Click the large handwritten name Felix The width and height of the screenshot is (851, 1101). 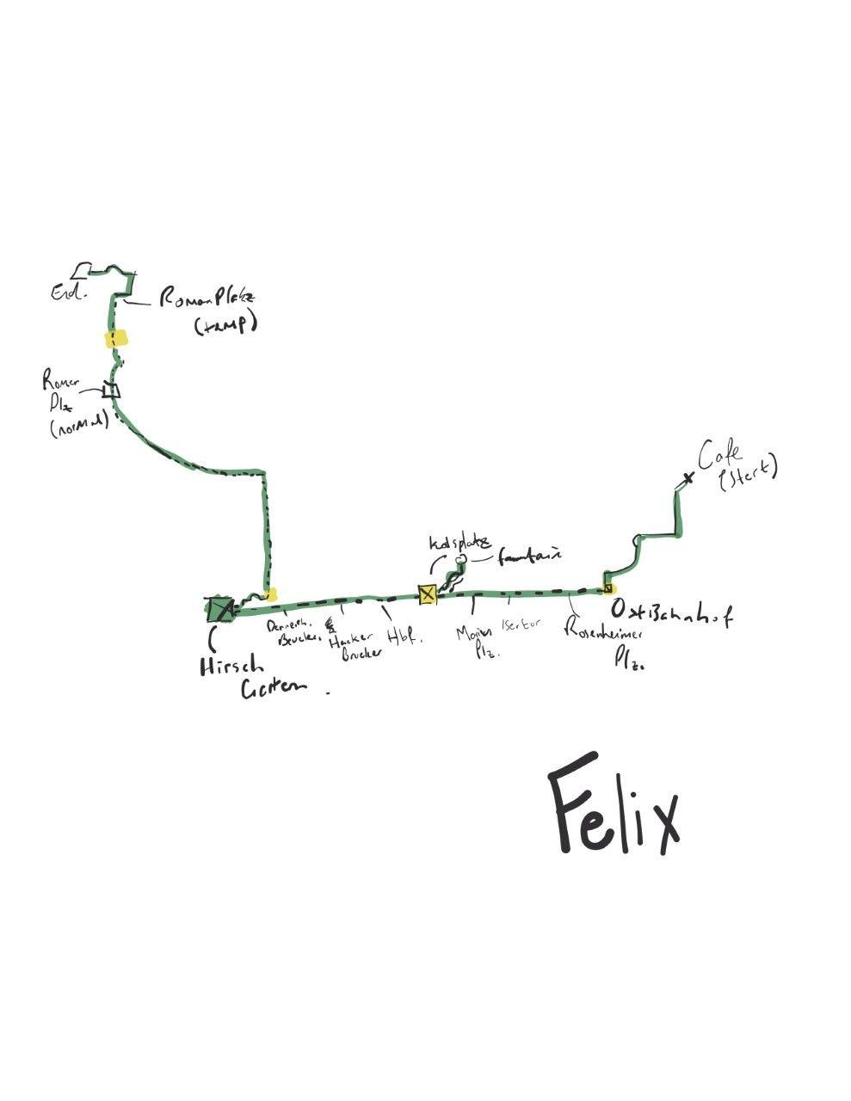coord(614,805)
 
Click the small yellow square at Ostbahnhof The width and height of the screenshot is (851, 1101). coord(608,588)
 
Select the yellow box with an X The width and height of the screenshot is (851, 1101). coord(427,594)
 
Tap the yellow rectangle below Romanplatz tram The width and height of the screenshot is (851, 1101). coord(116,338)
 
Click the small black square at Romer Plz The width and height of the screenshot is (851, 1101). coord(110,391)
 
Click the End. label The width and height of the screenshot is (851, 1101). coord(69,293)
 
